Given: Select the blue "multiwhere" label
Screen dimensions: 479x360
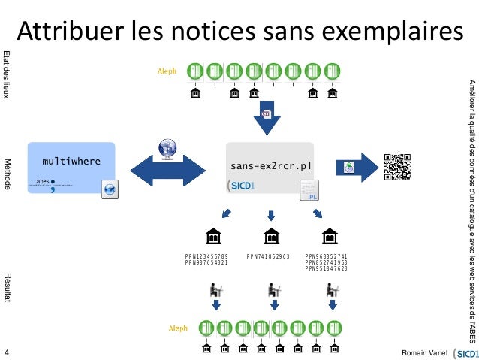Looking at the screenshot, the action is pos(71,161).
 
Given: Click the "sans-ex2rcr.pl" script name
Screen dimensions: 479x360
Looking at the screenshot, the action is pos(270,164).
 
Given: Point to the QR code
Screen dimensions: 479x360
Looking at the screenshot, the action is pos(397,168).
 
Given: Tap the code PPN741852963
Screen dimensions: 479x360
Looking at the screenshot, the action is pos(268,257).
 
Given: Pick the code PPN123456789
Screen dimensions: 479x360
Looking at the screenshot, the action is pos(206,257).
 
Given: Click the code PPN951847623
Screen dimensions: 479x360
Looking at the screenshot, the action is pos(327,269).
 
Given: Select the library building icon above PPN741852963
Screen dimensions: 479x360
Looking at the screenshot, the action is pos(269,237).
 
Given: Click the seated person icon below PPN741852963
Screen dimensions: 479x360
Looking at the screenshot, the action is pos(273,289).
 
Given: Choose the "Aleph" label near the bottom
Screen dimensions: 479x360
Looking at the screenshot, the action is pos(178,328).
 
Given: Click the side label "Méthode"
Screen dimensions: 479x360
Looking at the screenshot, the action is pos(8,174).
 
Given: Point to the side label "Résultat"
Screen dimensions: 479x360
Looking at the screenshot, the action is pos(8,288).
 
